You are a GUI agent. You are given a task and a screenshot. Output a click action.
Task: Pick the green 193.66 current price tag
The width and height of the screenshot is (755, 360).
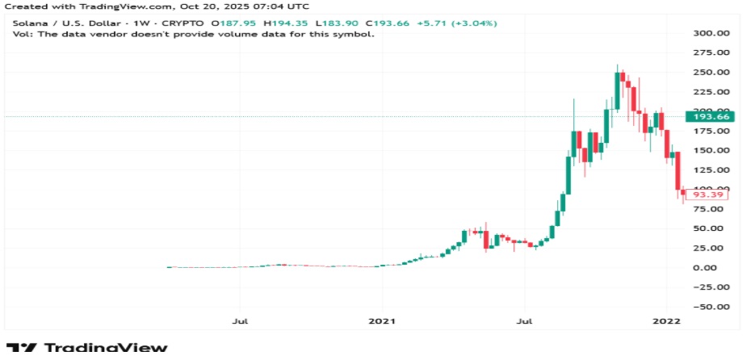(x=711, y=117)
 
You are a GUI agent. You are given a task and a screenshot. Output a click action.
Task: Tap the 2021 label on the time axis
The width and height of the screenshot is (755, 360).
(x=382, y=322)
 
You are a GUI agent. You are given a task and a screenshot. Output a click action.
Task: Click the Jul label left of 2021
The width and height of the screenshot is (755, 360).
(x=239, y=322)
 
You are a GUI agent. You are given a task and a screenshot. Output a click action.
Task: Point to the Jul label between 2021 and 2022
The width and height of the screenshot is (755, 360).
(x=525, y=322)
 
